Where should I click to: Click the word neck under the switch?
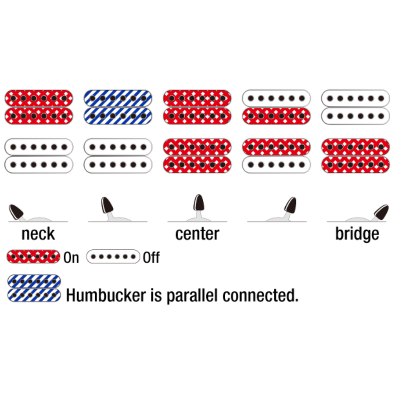click(38, 233)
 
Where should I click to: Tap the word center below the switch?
click(197, 233)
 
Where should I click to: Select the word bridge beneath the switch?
click(357, 233)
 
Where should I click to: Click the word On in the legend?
click(71, 258)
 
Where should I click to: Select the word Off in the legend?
click(151, 258)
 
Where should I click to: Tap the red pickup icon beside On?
click(33, 256)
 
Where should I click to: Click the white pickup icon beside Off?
click(113, 256)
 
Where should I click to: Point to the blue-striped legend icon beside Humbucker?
click(34, 288)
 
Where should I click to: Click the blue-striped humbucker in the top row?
click(118, 107)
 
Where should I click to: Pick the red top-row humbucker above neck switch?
click(39, 107)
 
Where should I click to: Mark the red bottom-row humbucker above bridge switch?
click(355, 156)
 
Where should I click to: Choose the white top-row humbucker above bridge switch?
click(355, 107)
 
